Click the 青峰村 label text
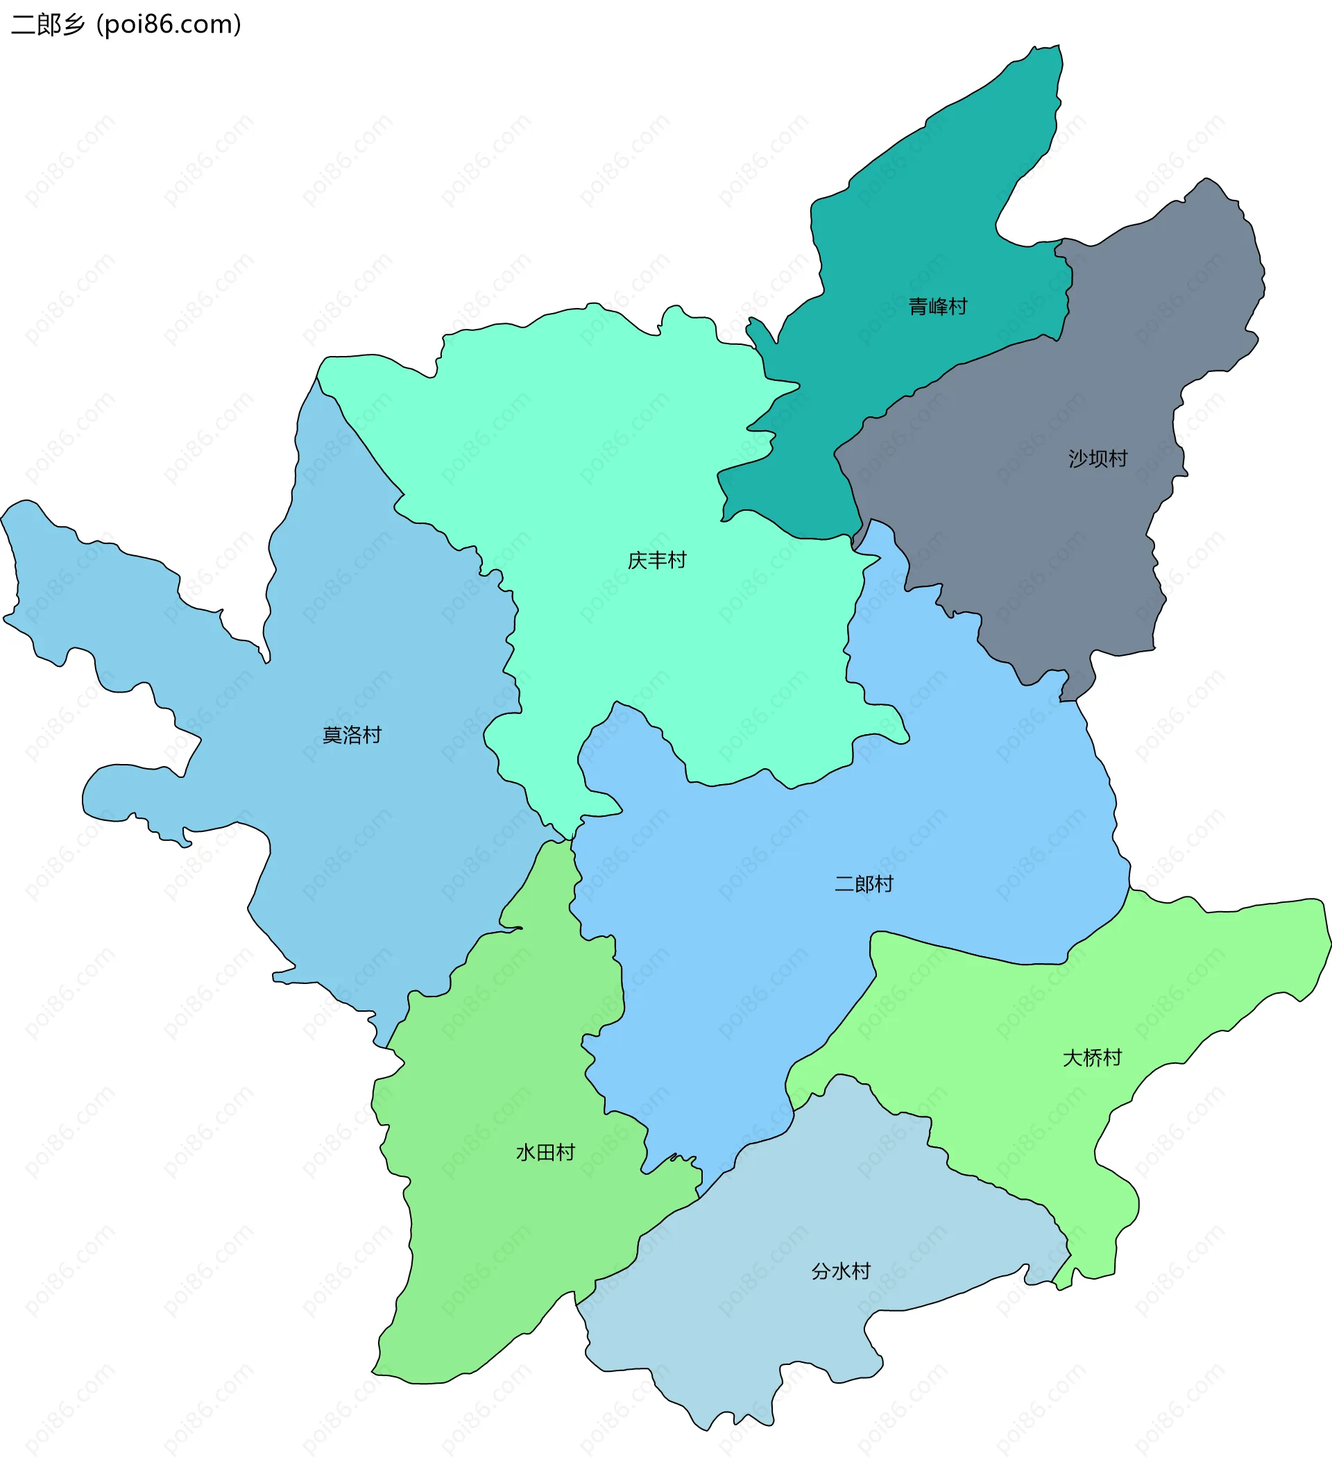[x=937, y=306]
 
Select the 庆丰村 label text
[x=656, y=560]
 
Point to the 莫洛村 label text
[x=352, y=734]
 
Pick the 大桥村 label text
[x=1091, y=1058]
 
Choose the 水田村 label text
[x=545, y=1153]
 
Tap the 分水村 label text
[x=840, y=1271]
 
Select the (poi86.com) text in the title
[x=169, y=25]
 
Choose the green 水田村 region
[x=497, y=1208]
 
